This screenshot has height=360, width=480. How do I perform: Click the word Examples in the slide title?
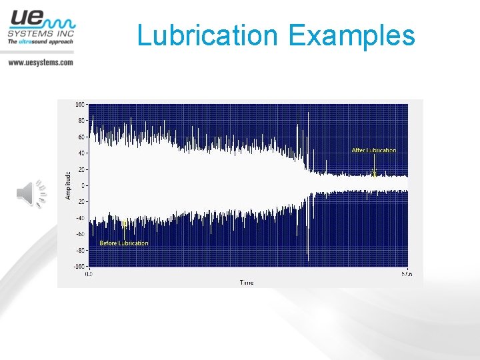(352, 35)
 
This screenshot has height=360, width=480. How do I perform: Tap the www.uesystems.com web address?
(41, 62)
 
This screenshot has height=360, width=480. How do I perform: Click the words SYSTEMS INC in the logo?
(41, 32)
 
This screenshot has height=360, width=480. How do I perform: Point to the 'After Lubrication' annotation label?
(373, 151)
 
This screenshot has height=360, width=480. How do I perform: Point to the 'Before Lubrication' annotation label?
(124, 243)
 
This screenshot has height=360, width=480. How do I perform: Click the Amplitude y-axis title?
(68, 185)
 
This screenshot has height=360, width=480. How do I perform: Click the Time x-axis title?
(247, 283)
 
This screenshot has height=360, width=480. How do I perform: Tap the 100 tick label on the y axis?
(80, 105)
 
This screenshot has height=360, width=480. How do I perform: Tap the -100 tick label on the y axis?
(79, 267)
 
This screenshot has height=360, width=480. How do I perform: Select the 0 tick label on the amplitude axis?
(83, 185)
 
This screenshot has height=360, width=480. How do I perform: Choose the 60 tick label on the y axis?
(81, 137)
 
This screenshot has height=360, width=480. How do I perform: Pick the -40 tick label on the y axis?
(80, 218)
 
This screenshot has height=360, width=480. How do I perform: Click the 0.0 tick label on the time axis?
(88, 274)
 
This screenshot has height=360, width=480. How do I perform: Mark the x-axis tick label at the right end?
(407, 274)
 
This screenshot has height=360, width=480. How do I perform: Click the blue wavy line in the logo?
(60, 19)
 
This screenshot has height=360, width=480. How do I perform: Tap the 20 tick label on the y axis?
(81, 169)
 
